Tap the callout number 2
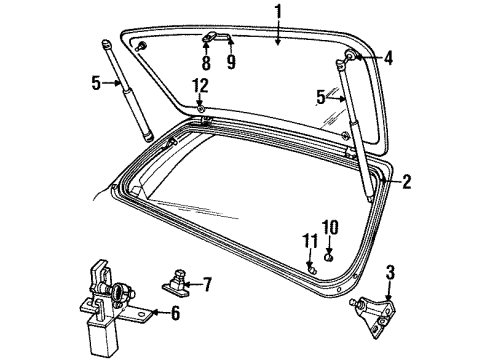pyautogui.click(x=407, y=181)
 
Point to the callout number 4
pyautogui.click(x=388, y=58)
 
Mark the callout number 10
pyautogui.click(x=332, y=226)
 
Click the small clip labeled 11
pyautogui.click(x=312, y=267)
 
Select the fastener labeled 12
pyautogui.click(x=201, y=106)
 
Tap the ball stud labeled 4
pyautogui.click(x=349, y=57)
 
